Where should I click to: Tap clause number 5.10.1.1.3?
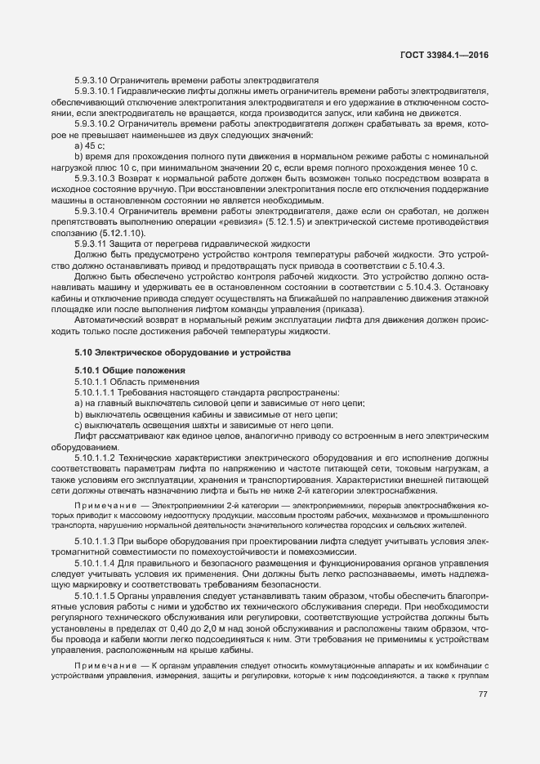[97, 543]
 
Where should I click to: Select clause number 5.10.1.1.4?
[97, 565]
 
